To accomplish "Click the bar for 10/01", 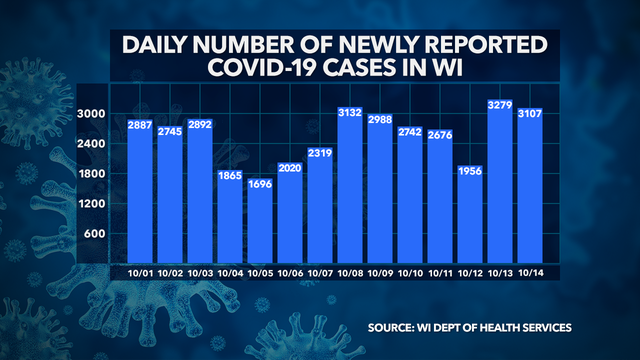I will (x=140, y=190).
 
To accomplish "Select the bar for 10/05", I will (x=260, y=220).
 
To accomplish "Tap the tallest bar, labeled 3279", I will (x=500, y=180).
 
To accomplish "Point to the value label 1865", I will (x=230, y=176).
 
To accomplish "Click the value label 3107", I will (x=530, y=116).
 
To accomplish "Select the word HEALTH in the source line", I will (x=515, y=328).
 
